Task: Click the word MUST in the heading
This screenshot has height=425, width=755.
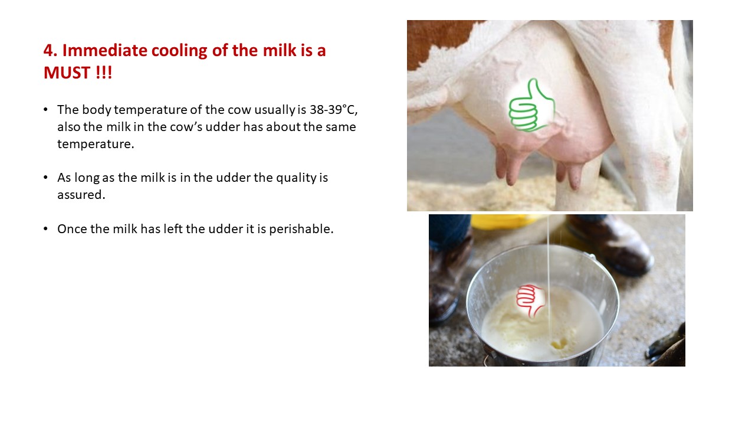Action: [x=67, y=72]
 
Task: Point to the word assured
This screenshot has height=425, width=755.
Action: [x=81, y=195]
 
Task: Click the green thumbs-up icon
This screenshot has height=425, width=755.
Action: [x=532, y=105]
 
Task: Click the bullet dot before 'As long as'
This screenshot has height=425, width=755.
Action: [x=46, y=178]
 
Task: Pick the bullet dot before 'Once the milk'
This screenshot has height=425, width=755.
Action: [x=46, y=229]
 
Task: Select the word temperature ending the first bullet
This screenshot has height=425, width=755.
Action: [x=96, y=144]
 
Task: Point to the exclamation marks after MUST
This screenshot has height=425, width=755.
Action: [x=104, y=72]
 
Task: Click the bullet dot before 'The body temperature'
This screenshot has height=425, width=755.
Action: [x=46, y=110]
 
